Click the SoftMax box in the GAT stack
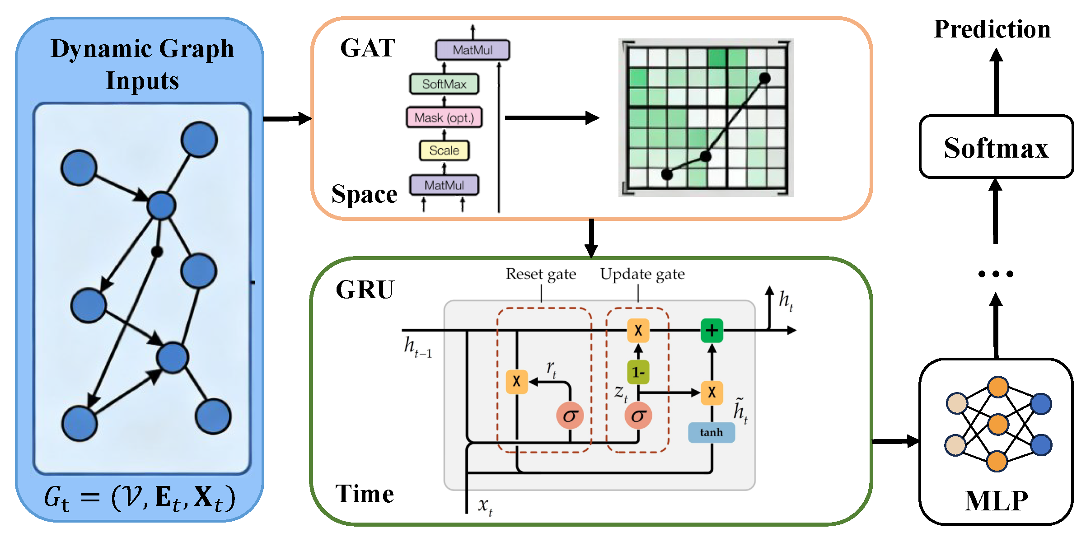[x=444, y=84]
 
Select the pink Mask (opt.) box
[x=444, y=117]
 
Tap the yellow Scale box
[x=444, y=150]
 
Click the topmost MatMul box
[x=472, y=50]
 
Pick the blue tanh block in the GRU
[x=711, y=432]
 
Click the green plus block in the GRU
[x=712, y=331]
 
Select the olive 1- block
[x=638, y=372]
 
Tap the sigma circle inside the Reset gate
[x=570, y=415]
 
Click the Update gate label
[x=642, y=274]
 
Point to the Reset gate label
[x=541, y=274]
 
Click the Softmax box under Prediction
[x=996, y=147]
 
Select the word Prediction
[x=992, y=30]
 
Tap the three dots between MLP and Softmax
[x=996, y=274]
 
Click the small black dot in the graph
[x=157, y=252]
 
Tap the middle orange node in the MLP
[x=998, y=424]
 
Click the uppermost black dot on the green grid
[x=764, y=79]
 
